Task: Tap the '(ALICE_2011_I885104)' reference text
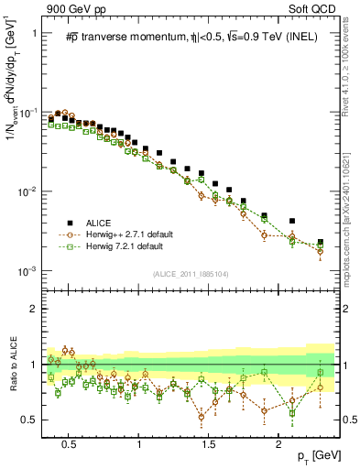(191, 273)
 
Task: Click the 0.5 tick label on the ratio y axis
(27, 420)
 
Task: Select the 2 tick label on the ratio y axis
(31, 309)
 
